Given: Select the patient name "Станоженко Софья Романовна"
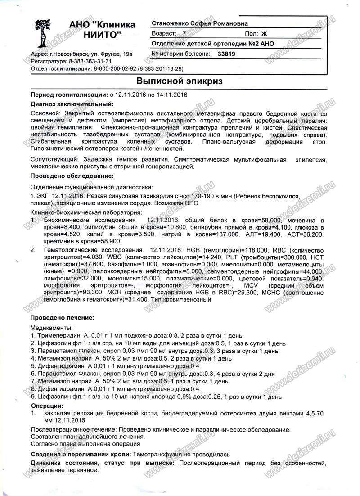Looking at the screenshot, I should tap(200, 23).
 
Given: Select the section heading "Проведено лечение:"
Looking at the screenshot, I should tap(62, 318).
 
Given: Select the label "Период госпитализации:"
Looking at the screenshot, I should tap(69, 95).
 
